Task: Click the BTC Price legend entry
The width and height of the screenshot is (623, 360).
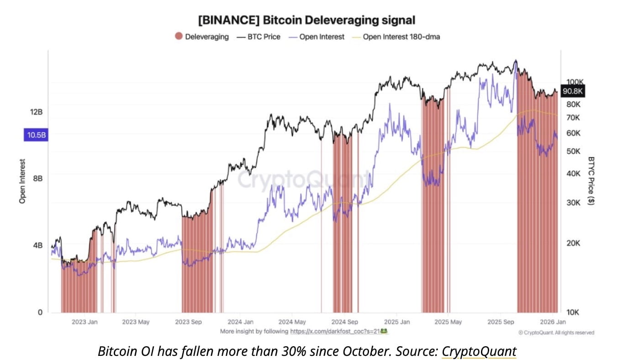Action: coord(258,37)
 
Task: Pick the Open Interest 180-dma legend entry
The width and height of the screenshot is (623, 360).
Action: coord(396,37)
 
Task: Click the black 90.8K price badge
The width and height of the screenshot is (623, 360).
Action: coord(572,91)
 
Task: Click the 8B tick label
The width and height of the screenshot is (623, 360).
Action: coord(37,178)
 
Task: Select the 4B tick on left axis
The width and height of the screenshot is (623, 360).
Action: coord(37,245)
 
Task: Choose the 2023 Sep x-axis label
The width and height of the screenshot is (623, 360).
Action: coord(188,322)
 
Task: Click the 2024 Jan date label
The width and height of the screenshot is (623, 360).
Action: coord(241,322)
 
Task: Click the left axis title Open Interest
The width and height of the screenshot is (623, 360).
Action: coord(22,181)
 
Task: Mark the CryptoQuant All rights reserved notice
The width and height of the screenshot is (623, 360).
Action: coord(556,333)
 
